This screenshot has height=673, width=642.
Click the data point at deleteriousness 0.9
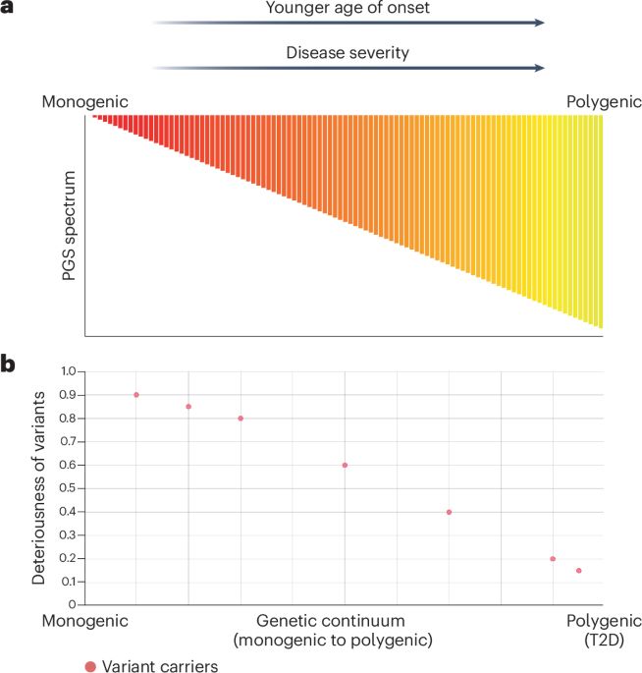[136, 395]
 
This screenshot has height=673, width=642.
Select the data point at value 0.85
[188, 407]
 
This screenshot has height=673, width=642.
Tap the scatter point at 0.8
[241, 419]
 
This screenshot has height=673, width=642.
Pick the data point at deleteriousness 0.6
[345, 466]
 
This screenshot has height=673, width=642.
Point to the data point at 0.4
[449, 512]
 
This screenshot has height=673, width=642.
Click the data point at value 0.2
[553, 559]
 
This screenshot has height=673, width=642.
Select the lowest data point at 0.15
[579, 571]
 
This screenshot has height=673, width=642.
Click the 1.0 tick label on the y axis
[68, 372]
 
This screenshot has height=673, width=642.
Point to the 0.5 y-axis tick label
[68, 489]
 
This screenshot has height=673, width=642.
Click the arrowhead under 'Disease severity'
[539, 68]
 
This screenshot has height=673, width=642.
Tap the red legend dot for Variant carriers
[91, 665]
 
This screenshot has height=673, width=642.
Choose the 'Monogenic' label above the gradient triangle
[85, 101]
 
